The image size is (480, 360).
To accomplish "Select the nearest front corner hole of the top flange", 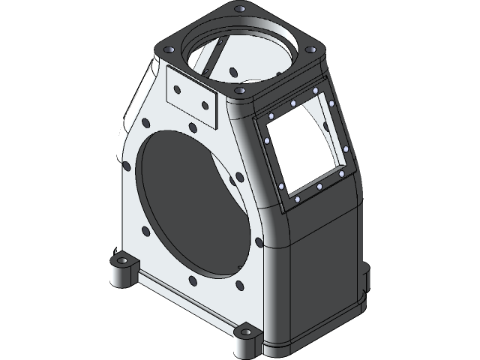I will (x=241, y=89).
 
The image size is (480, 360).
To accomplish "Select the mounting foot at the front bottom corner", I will (x=245, y=337).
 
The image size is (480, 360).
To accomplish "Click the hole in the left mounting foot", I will (x=121, y=260).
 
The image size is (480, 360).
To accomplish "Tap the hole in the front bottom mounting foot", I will (x=245, y=330).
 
